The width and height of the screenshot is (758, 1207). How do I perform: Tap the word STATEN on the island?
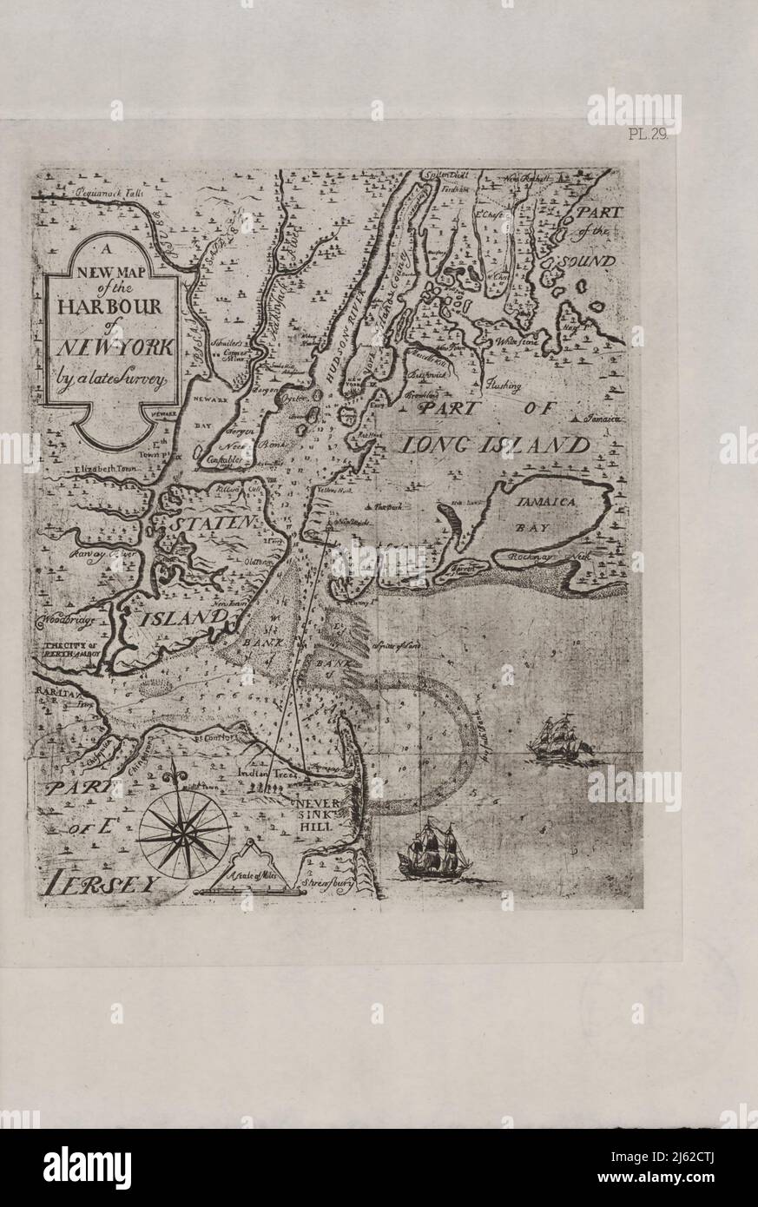coord(214,524)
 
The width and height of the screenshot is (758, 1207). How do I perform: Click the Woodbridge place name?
coord(66,621)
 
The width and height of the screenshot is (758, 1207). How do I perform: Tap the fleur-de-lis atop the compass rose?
coord(183,775)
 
